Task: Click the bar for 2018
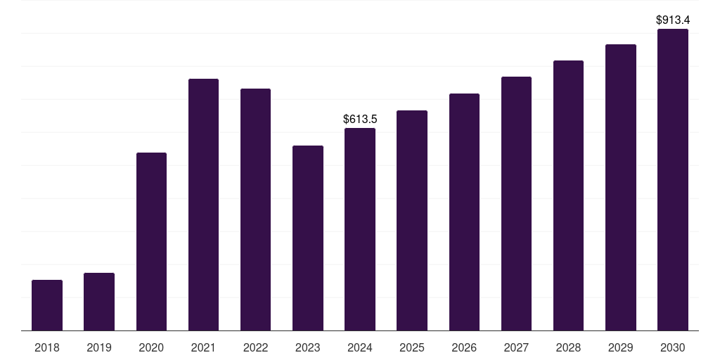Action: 47,305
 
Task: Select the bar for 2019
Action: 99,302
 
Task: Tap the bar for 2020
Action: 151,241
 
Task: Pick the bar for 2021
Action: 203,205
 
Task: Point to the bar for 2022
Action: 255,210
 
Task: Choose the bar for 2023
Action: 308,238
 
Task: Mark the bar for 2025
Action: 412,220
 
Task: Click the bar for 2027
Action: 516,203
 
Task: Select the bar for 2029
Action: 621,187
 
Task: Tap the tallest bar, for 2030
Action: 673,179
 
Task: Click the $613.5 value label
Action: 360,120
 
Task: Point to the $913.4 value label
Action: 673,20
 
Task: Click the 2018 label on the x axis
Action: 47,347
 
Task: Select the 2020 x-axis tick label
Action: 151,347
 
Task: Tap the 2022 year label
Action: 255,347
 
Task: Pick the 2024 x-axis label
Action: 360,347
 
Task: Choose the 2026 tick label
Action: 464,347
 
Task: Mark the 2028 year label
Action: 568,347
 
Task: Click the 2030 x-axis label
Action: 673,347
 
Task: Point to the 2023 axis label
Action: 308,347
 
